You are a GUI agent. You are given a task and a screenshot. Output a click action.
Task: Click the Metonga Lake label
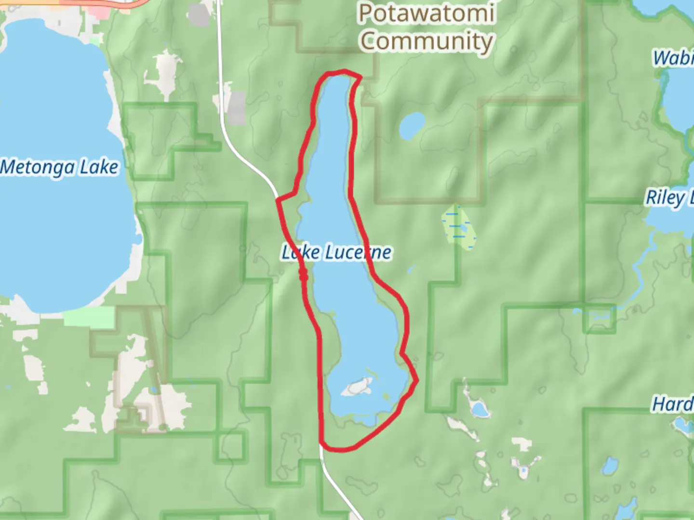pyautogui.click(x=59, y=168)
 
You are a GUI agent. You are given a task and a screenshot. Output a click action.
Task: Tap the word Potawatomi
pyautogui.click(x=426, y=13)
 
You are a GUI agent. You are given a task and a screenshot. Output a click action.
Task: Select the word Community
pyautogui.click(x=426, y=41)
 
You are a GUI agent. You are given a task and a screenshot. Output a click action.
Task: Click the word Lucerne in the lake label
pyautogui.click(x=358, y=252)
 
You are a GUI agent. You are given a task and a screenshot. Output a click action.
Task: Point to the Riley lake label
pyautogui.click(x=667, y=197)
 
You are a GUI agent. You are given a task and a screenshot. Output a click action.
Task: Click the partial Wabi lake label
pyautogui.click(x=673, y=58)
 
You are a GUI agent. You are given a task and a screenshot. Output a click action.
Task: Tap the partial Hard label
pyautogui.click(x=672, y=404)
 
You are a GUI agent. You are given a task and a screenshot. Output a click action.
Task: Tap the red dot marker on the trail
pyautogui.click(x=303, y=275)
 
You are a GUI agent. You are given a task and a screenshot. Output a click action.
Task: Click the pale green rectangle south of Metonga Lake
pyautogui.click(x=89, y=316)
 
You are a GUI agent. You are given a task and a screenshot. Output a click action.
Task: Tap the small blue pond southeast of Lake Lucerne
pyautogui.click(x=480, y=410)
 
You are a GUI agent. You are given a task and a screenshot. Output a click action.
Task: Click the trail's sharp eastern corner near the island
pyautogui.click(x=416, y=380)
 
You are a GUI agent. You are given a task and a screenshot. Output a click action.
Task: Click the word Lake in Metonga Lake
pyautogui.click(x=98, y=168)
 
